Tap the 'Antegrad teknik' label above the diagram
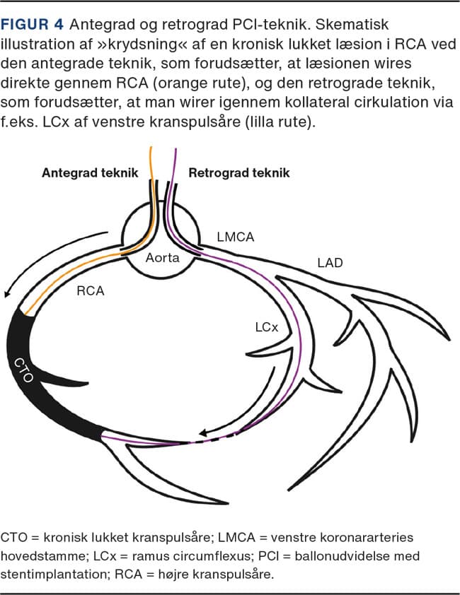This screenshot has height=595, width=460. coord(90,172)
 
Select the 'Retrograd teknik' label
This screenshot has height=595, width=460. coord(239,172)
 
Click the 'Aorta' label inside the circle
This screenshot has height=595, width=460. coord(163,259)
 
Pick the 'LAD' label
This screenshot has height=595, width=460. coord(330,264)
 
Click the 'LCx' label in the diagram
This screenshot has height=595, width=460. coord(267,328)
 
